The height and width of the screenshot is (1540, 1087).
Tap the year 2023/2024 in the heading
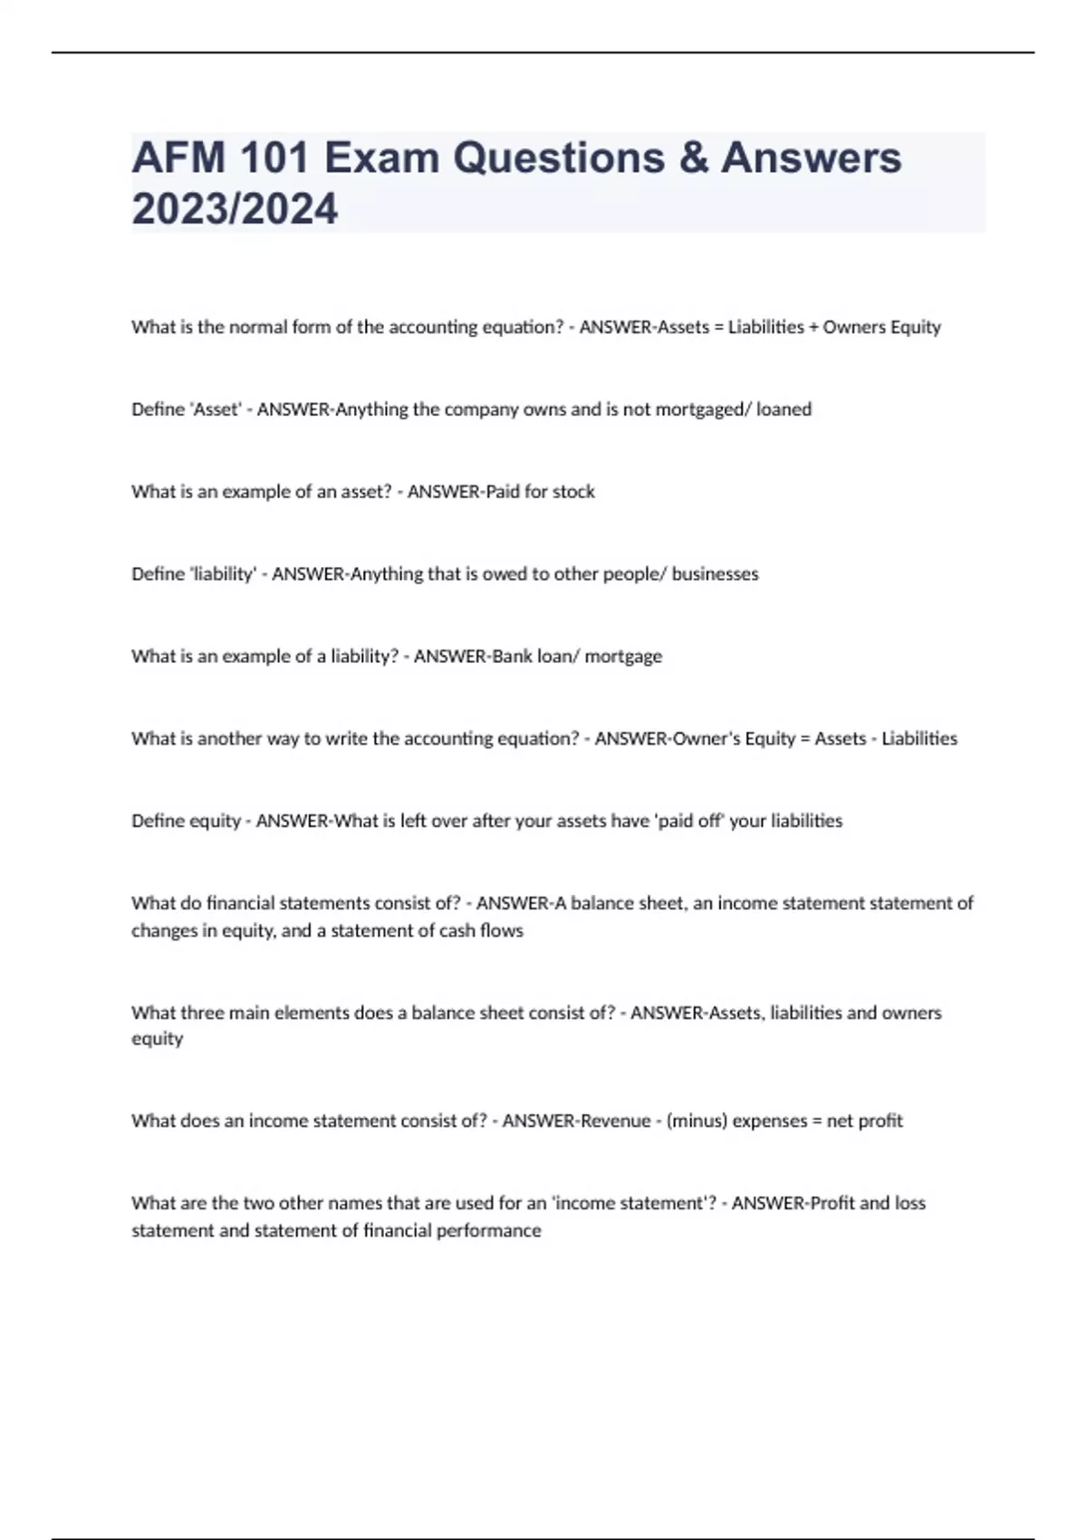click(x=235, y=208)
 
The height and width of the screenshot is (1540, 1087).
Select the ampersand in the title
click(x=692, y=158)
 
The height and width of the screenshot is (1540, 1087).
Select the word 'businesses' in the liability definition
click(x=715, y=574)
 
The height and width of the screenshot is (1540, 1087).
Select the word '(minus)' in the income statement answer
click(x=697, y=1121)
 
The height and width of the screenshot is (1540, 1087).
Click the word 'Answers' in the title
click(x=811, y=158)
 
